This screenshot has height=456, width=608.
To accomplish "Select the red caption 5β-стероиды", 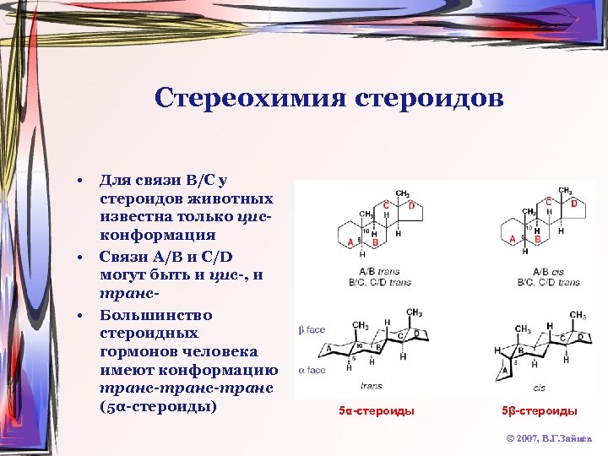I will coord(540,411).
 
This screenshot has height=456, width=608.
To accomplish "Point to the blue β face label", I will coord(311,328).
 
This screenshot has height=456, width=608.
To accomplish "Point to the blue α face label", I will coord(311,370).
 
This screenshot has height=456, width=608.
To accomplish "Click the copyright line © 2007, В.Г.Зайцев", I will coord(550,439).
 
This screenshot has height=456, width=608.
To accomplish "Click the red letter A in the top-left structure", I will coord(350,242).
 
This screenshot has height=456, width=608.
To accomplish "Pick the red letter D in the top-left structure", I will coord(411,205).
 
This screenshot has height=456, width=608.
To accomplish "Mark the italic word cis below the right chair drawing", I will coord(539,388).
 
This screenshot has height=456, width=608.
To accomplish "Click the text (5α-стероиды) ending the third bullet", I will coord(158,404).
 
